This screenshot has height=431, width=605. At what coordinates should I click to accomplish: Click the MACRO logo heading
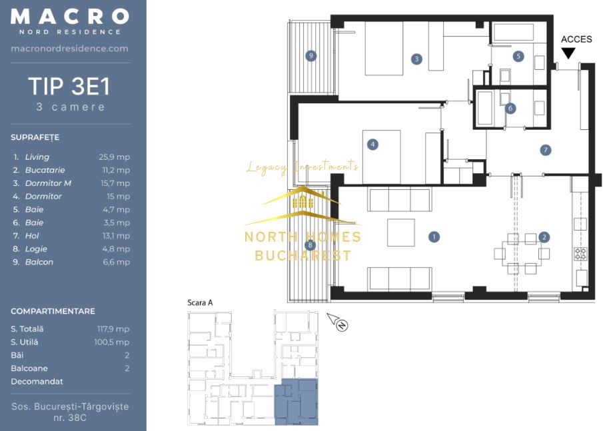click(x=70, y=17)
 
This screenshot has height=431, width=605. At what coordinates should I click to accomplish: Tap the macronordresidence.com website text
click(x=70, y=49)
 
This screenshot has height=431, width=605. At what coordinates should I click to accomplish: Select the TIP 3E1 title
click(x=69, y=86)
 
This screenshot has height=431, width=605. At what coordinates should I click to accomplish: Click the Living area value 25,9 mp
click(x=114, y=157)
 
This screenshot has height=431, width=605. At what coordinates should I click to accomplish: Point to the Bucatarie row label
click(x=45, y=170)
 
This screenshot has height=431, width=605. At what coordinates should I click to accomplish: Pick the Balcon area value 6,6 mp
click(x=116, y=262)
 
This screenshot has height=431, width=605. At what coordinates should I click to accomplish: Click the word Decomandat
click(x=37, y=382)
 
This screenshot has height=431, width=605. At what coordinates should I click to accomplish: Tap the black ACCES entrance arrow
click(x=568, y=53)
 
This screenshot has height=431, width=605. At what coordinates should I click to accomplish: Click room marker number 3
click(x=416, y=59)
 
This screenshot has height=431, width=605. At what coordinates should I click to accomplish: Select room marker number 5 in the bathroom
click(x=518, y=57)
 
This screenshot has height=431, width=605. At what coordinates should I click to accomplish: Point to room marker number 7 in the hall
click(x=545, y=150)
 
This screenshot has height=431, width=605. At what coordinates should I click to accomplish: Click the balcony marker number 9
click(x=311, y=56)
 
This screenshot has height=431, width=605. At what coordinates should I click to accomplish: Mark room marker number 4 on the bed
click(x=372, y=145)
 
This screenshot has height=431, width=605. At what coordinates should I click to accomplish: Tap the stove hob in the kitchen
click(x=580, y=254)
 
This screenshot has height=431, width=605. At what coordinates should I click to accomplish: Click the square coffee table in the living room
click(x=401, y=232)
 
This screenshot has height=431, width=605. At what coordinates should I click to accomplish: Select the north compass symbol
click(x=338, y=322)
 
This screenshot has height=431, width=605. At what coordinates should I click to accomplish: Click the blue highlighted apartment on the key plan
click(x=296, y=401)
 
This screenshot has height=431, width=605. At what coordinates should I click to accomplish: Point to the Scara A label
click(x=200, y=302)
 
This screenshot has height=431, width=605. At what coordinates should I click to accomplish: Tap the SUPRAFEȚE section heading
click(x=35, y=138)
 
